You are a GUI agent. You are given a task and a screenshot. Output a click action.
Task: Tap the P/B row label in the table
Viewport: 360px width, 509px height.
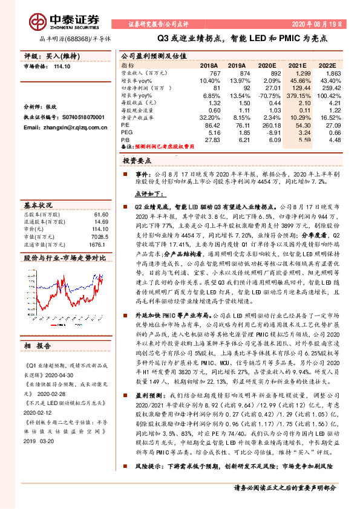[126, 139]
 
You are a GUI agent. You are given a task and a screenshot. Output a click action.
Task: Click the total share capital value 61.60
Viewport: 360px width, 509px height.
[100, 214]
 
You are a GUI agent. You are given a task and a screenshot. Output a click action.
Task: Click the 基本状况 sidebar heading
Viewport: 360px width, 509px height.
[39, 204]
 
